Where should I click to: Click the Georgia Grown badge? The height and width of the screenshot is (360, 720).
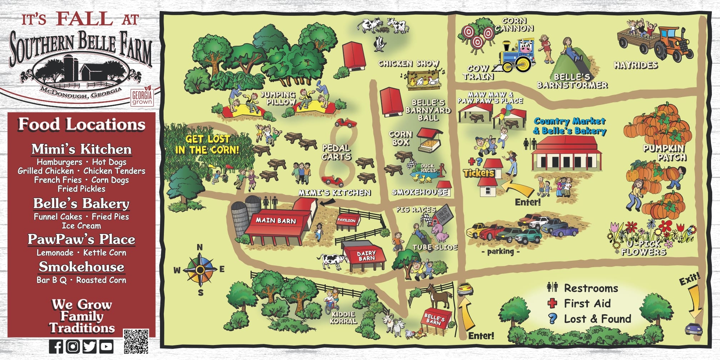pyautogui.click(x=142, y=96)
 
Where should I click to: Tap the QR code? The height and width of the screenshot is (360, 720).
pyautogui.click(x=136, y=341)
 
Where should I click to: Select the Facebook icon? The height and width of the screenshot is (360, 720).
pyautogui.click(x=56, y=346)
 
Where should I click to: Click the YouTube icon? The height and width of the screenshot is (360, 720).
pyautogui.click(x=106, y=346)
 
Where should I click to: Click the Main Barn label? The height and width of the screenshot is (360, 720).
pyautogui.click(x=276, y=221)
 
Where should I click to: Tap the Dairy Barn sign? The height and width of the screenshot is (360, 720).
pyautogui.click(x=366, y=255)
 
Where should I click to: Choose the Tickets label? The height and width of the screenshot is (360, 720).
pyautogui.click(x=479, y=173)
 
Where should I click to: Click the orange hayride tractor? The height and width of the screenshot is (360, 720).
pyautogui.click(x=673, y=45)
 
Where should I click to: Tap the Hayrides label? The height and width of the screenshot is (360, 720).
pyautogui.click(x=636, y=65)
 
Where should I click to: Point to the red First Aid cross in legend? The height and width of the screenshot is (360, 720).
pyautogui.click(x=552, y=304)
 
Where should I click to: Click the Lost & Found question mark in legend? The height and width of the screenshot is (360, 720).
pyautogui.click(x=552, y=319)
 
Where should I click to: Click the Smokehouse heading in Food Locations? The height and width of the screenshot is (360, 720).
pyautogui.click(x=81, y=267)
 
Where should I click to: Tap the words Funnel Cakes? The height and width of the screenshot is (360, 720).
pyautogui.click(x=58, y=217)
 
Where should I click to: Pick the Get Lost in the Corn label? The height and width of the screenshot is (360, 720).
pyautogui.click(x=207, y=144)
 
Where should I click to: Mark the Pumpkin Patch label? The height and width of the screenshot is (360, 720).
pyautogui.click(x=664, y=152)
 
